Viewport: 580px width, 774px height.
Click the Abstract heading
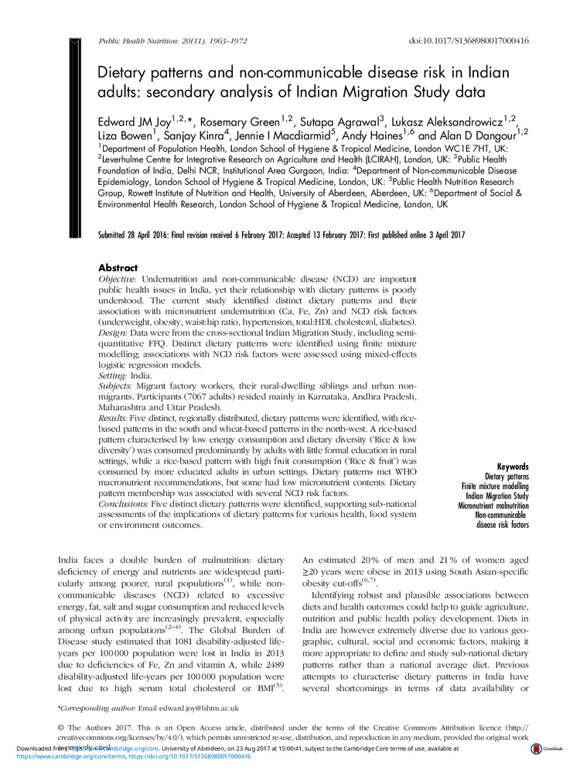click(x=118, y=267)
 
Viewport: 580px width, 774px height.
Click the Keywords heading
click(x=513, y=467)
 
